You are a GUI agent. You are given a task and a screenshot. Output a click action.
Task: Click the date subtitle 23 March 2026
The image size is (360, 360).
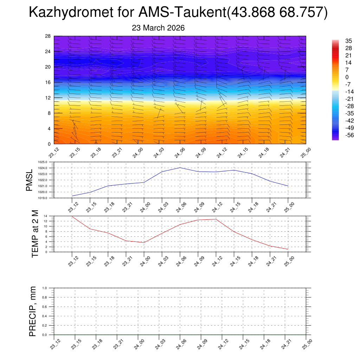(x=158, y=28)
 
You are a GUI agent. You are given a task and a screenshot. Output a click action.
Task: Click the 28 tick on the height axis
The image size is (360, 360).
(x=48, y=36)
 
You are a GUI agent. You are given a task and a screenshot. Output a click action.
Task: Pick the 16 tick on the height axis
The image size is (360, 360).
(x=48, y=82)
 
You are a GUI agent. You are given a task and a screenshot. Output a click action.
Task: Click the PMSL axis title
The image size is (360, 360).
(x=30, y=180)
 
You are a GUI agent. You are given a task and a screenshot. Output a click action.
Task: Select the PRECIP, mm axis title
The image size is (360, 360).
(x=33, y=311)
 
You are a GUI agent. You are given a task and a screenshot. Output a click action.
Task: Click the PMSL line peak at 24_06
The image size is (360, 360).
(x=180, y=168)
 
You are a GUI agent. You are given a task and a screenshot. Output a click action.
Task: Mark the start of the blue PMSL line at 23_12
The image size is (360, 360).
(x=72, y=196)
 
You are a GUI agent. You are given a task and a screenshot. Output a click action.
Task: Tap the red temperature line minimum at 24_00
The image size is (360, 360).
(x=144, y=243)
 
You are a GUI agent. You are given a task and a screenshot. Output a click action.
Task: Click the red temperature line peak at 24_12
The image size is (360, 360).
(x=216, y=219)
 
